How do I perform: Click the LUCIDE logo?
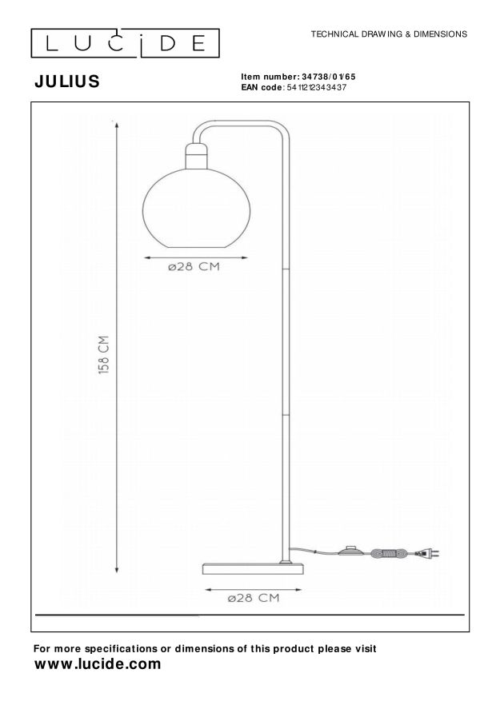(125, 43)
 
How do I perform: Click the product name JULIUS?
(67, 82)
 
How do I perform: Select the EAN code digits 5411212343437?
(316, 87)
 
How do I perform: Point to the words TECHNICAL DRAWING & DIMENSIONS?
(389, 34)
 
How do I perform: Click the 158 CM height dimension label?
(104, 355)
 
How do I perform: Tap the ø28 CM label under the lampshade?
(194, 267)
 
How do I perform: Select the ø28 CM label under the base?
(253, 598)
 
